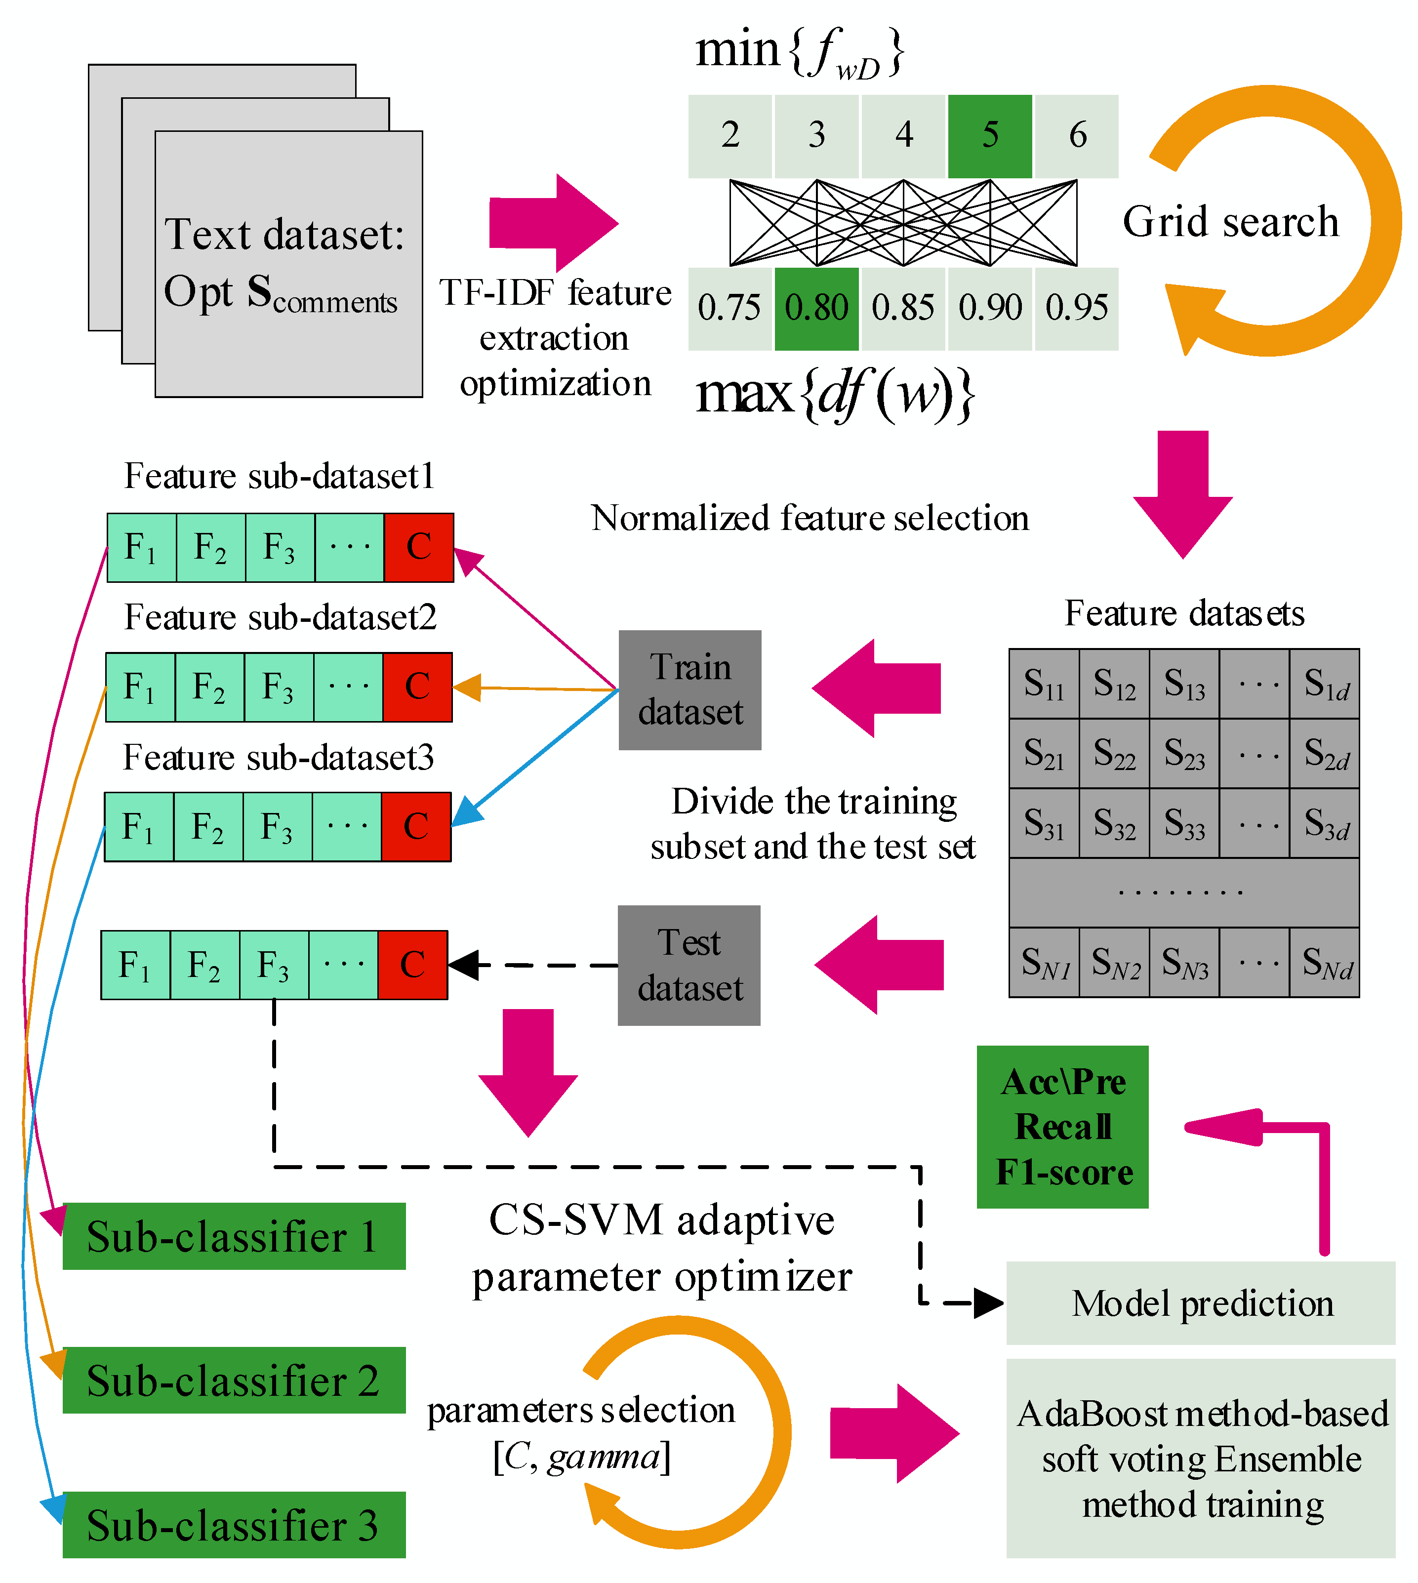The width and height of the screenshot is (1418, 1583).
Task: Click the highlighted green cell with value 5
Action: [989, 136]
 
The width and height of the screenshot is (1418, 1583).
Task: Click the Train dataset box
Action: [689, 690]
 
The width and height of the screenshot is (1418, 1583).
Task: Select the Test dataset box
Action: [689, 965]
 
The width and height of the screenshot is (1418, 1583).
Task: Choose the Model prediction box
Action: [1200, 1302]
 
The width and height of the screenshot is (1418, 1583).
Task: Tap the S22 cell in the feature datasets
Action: [1114, 753]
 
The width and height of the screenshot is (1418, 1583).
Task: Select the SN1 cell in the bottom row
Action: [1044, 962]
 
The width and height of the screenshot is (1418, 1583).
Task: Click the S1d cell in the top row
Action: [1325, 683]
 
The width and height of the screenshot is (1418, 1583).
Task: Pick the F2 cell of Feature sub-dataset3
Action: [208, 826]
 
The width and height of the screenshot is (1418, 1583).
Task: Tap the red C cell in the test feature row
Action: [412, 965]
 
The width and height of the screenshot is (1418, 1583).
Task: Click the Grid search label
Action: [1230, 222]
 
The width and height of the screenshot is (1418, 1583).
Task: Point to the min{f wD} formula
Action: [799, 51]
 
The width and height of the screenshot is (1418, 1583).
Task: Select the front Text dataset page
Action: [288, 265]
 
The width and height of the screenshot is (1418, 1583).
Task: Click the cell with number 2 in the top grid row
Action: [730, 136]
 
